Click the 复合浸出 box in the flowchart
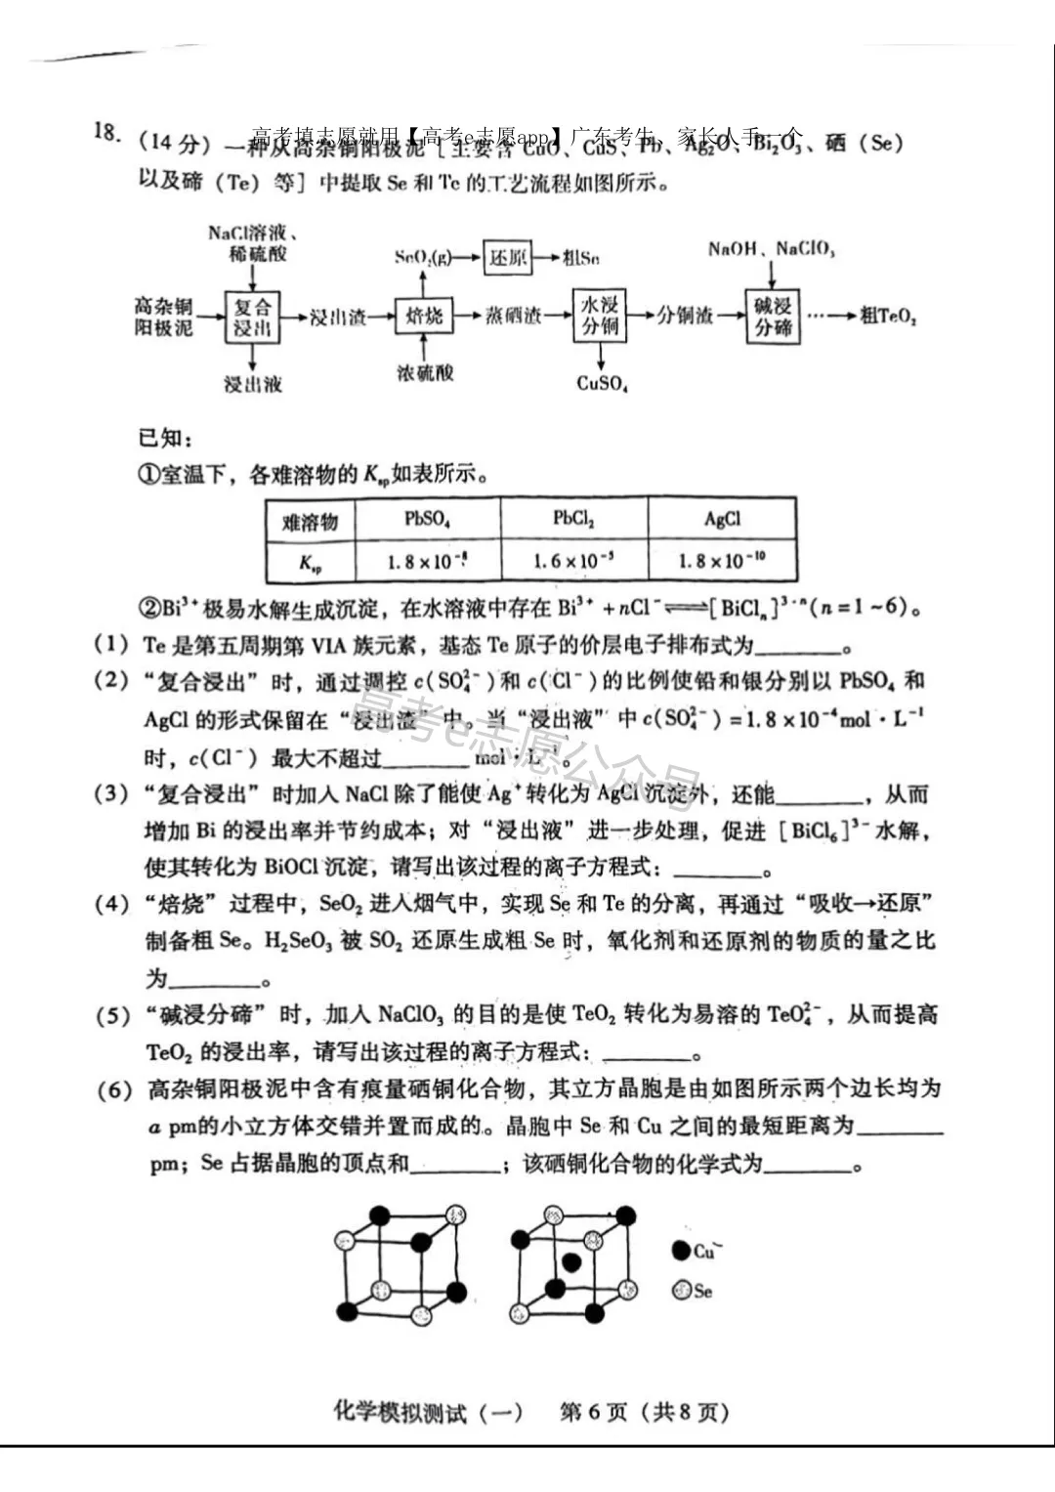coord(252,317)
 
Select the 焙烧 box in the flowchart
coord(424,315)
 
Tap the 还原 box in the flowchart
coord(508,257)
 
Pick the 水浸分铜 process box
coord(600,315)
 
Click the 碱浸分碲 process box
coord(773,316)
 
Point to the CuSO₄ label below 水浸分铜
coord(602,383)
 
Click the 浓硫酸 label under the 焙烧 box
coord(425,372)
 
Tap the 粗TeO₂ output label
coord(888,316)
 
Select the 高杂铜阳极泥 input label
coord(163,317)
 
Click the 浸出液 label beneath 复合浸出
coord(252,384)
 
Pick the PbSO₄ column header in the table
coord(428,519)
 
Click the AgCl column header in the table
coord(722,519)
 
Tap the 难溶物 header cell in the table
coord(310,521)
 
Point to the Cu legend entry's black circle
coord(681,1250)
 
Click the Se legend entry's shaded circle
coord(681,1290)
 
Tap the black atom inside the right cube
coord(572,1261)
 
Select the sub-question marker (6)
coord(114,1089)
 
